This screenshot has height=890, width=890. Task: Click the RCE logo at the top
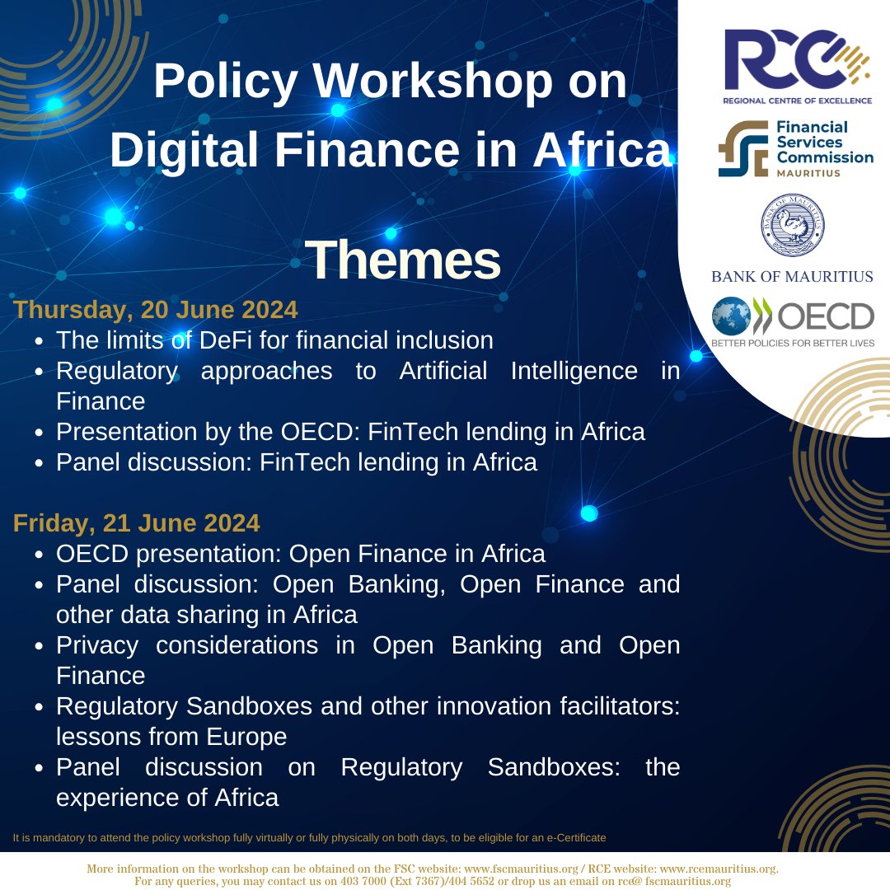[796, 61]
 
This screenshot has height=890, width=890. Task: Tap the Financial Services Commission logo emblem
[741, 148]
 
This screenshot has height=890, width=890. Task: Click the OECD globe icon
[733, 316]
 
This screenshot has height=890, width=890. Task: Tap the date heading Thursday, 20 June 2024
[156, 310]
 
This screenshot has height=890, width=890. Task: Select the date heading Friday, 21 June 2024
[137, 522]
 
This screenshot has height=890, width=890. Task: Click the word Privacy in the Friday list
[101, 645]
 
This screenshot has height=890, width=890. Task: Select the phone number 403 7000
[364, 881]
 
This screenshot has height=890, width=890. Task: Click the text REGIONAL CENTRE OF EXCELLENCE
[796, 100]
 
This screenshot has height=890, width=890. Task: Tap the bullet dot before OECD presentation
[40, 555]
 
